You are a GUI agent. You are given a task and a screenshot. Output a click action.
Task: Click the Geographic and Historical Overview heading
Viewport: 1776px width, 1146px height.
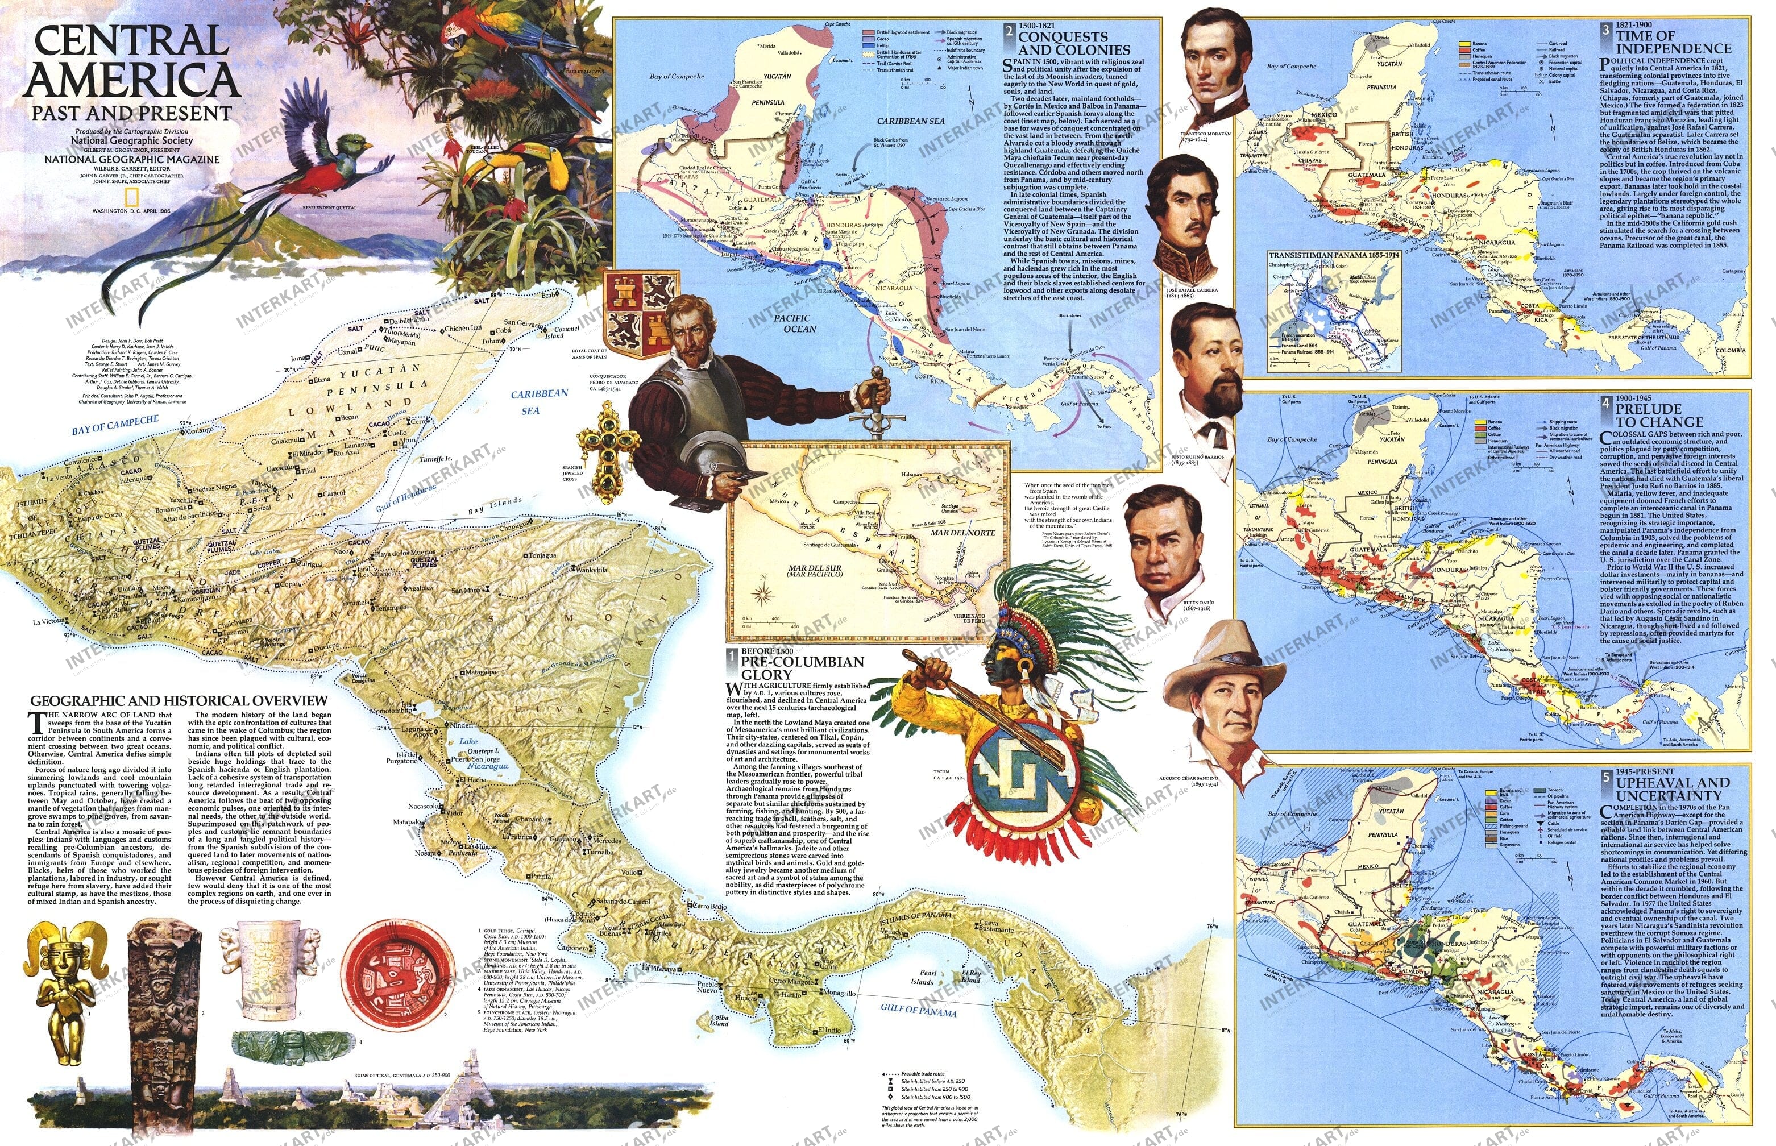click(x=179, y=700)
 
